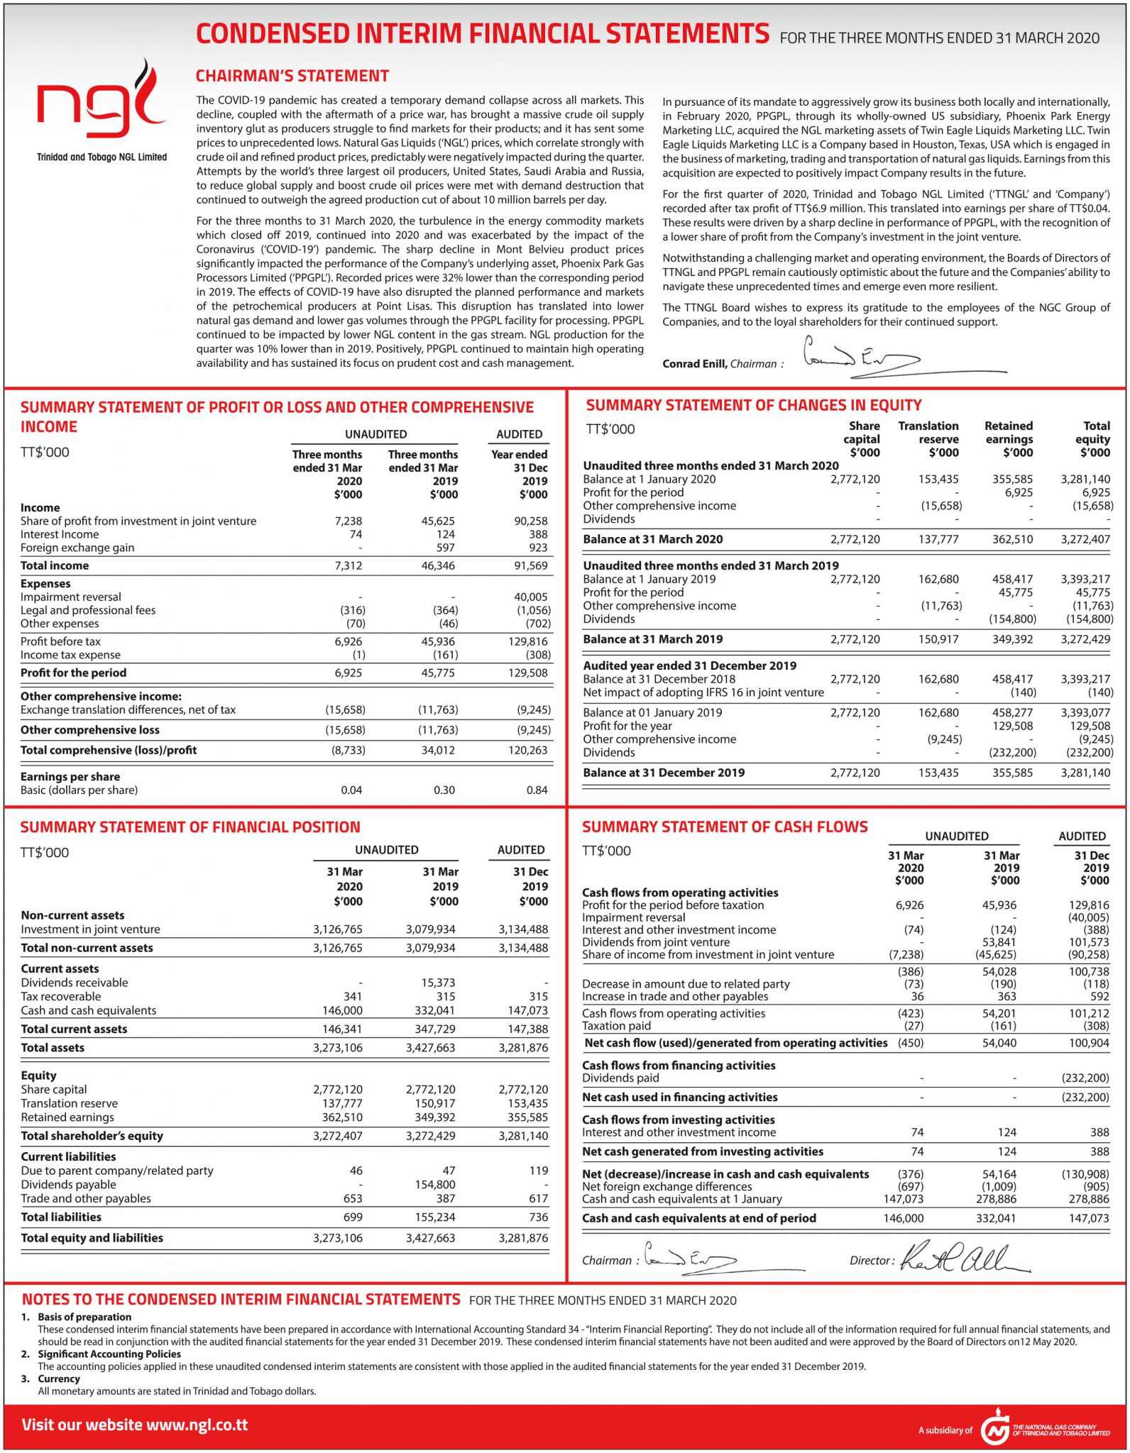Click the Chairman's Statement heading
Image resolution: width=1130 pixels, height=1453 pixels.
[x=292, y=76]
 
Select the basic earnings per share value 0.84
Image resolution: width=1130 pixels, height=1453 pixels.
[x=537, y=790]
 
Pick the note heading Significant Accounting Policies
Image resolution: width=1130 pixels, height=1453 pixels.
[x=109, y=1354]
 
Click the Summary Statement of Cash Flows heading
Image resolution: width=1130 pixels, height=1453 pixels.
[x=724, y=827]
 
